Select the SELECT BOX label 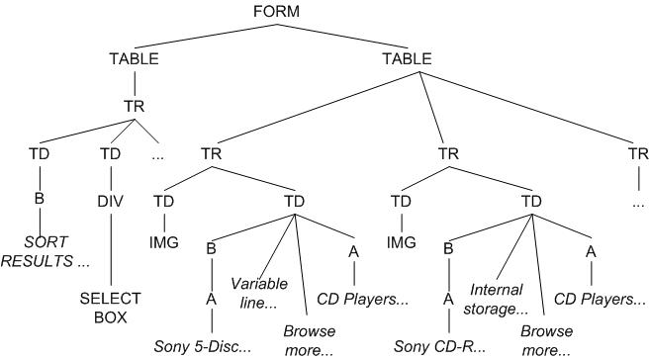click(x=111, y=307)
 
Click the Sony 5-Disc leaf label click(x=202, y=347)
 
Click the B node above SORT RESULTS click(x=40, y=198)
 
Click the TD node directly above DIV click(x=111, y=154)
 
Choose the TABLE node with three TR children click(x=407, y=59)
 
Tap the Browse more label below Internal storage click(x=546, y=338)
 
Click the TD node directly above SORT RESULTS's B click(x=40, y=154)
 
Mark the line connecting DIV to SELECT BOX click(x=111, y=247)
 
